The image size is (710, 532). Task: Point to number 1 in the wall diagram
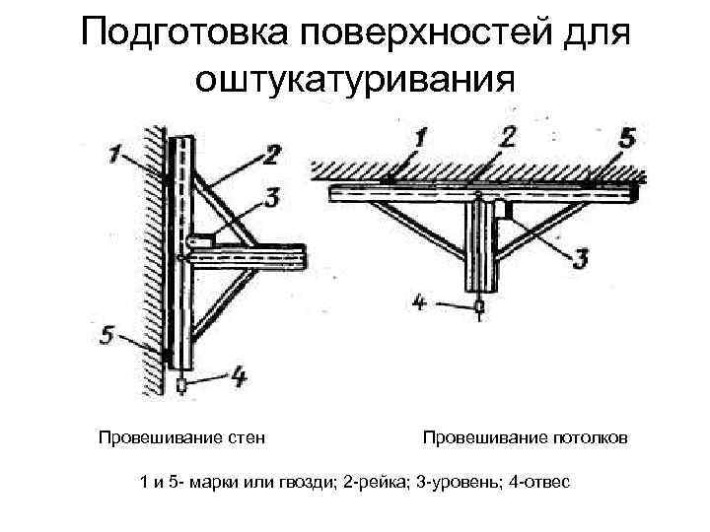coord(116,154)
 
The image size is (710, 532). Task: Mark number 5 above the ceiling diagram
coord(627,139)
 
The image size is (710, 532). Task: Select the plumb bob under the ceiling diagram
coord(479,307)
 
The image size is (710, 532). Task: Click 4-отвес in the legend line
coord(539,482)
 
